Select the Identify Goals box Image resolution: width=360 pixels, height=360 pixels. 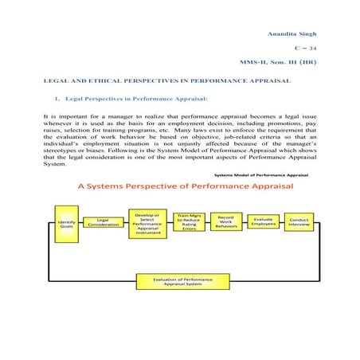pos(66,224)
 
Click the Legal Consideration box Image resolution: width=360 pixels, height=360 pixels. pos(102,224)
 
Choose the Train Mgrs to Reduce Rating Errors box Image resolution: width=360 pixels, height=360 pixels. pos(189,222)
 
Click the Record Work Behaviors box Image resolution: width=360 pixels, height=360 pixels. pos(225,222)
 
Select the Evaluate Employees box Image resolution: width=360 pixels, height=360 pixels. pos(263,222)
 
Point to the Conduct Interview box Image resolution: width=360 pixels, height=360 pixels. pos(299,222)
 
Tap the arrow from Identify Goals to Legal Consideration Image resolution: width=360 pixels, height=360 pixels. pos(81,224)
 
